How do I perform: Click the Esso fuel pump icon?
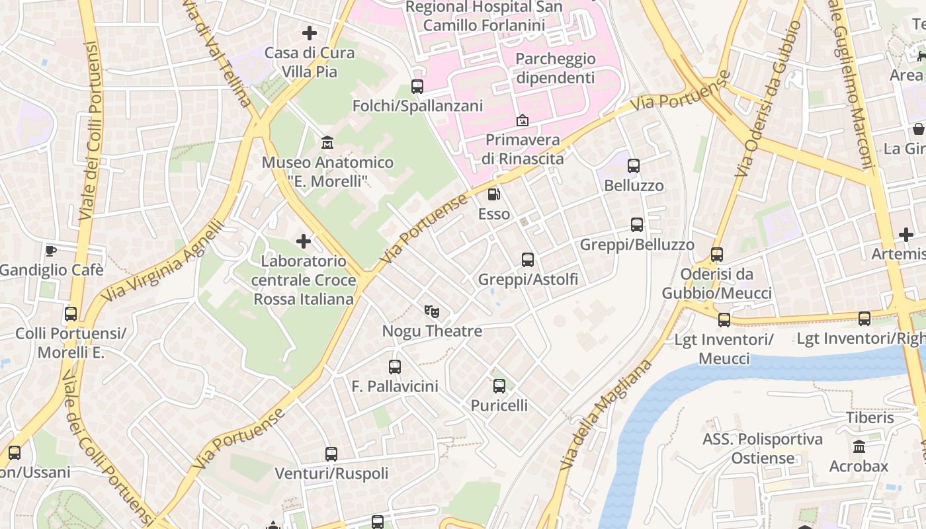click(493, 194)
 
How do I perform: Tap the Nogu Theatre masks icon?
click(432, 311)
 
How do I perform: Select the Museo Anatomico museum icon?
click(327, 142)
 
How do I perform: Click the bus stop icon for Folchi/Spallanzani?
click(417, 86)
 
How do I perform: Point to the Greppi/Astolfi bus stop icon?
click(527, 260)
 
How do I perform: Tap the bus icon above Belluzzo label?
click(634, 166)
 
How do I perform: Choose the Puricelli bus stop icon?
click(499, 386)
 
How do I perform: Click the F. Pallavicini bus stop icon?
click(395, 366)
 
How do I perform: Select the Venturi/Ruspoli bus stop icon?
click(331, 454)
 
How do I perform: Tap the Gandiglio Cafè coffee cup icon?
click(51, 250)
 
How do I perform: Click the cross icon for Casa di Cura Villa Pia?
click(309, 32)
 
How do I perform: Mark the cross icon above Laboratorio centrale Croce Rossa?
click(304, 241)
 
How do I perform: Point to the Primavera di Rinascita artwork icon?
click(523, 120)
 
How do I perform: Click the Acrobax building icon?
click(859, 446)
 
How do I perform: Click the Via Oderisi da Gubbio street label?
click(768, 99)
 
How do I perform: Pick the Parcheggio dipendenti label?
click(556, 68)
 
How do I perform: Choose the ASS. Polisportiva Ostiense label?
click(763, 448)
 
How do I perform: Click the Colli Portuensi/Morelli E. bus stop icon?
click(71, 314)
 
